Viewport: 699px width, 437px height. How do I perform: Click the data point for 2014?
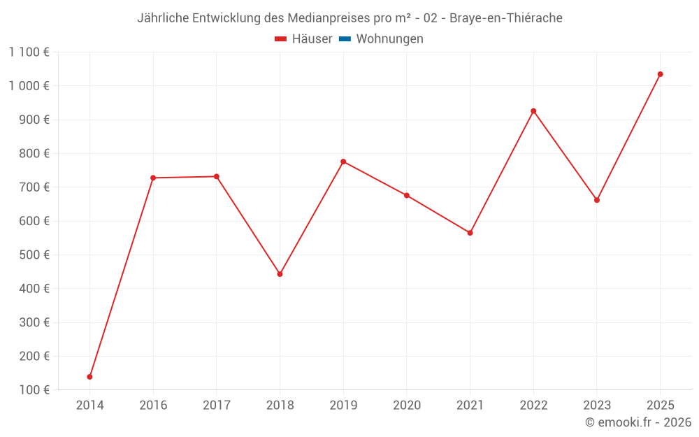click(x=89, y=377)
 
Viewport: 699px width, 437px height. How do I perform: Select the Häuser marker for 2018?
click(x=280, y=274)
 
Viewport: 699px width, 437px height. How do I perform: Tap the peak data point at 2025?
click(x=660, y=74)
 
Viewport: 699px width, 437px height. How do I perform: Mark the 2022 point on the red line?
click(x=533, y=111)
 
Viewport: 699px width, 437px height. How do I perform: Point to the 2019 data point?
click(x=343, y=162)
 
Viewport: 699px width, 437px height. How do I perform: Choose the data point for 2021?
click(x=470, y=233)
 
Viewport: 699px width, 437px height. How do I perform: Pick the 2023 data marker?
click(x=597, y=200)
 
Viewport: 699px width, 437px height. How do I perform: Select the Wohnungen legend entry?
click(x=389, y=39)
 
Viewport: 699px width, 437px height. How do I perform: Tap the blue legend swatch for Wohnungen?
click(x=345, y=39)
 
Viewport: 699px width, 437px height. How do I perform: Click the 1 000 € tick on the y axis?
click(x=29, y=86)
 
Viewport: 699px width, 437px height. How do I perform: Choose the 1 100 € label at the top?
click(x=29, y=52)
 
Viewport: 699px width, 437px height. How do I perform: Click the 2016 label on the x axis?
click(x=153, y=406)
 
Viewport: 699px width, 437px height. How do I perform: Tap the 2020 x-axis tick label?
click(x=407, y=406)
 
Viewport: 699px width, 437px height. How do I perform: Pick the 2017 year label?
click(x=217, y=406)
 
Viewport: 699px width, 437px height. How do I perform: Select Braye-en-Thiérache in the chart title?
click(x=505, y=18)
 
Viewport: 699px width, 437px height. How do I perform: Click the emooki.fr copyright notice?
click(x=638, y=422)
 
